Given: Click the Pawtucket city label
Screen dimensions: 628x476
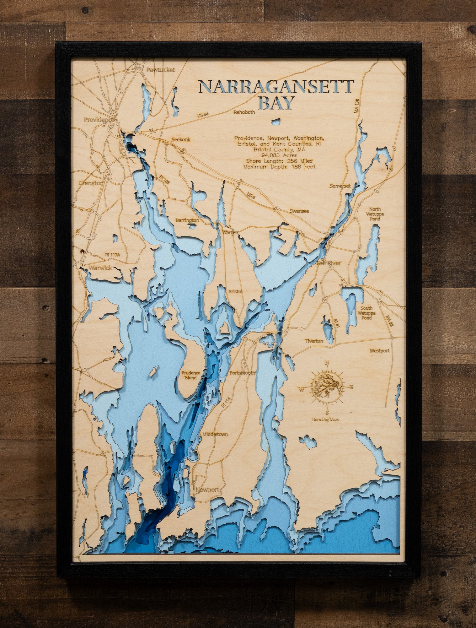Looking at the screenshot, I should [x=160, y=70].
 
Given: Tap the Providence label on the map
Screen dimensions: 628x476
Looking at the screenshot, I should [x=98, y=120].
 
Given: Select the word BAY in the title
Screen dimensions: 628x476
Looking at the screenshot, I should [x=276, y=103].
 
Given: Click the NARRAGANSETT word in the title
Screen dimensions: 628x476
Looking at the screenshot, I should [x=276, y=86].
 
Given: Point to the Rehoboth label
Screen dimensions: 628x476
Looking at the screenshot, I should [x=244, y=112].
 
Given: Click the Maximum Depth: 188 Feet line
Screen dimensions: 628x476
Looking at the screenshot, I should [x=279, y=167].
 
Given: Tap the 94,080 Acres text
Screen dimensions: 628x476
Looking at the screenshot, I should [x=279, y=155].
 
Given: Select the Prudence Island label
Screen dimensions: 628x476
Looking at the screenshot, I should [x=190, y=375].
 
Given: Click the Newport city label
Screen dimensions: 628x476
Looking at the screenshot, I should [x=207, y=490].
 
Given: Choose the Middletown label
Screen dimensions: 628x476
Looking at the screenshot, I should [x=215, y=435].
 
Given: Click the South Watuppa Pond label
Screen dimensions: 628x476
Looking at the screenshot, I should [x=366, y=313].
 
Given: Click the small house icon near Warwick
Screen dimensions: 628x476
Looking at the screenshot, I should [x=82, y=251].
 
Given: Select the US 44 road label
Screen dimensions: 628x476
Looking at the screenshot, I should [x=203, y=115].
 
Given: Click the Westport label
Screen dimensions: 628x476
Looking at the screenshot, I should [x=379, y=351].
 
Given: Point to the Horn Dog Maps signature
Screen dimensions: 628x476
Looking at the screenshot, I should [x=325, y=420].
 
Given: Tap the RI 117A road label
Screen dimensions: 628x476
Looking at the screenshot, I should [x=112, y=255].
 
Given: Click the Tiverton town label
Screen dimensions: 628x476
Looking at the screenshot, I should [x=314, y=341].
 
